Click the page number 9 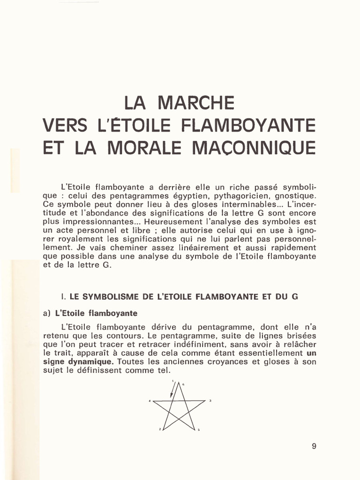pos(314,446)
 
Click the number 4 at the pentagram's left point pos(150,402)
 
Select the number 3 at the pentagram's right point pos(210,400)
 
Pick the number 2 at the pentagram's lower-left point pos(160,429)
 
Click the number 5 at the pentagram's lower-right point pos(199,429)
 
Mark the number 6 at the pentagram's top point pos(183,384)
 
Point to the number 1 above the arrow pos(173,381)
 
